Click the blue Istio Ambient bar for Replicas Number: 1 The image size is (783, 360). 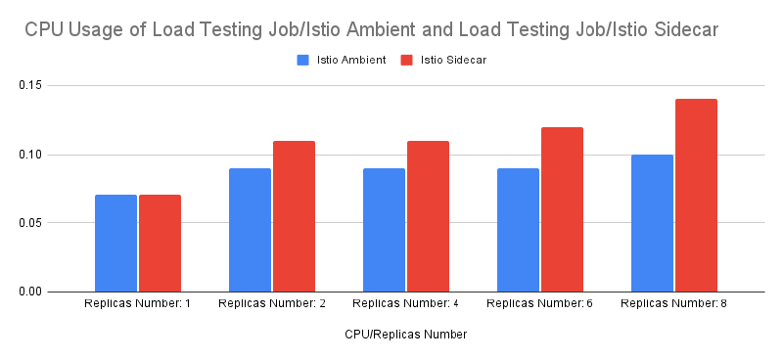pos(115,243)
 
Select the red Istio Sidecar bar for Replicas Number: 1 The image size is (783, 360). pos(160,243)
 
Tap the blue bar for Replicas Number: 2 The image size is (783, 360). pos(250,230)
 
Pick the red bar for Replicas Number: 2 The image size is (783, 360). pos(294,216)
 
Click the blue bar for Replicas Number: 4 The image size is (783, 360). pos(384,230)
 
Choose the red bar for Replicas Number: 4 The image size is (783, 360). pos(428,216)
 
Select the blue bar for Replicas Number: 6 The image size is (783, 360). pos(518,230)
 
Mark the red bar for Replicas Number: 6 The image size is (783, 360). pos(562,209)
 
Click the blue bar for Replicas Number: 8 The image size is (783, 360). pos(652,223)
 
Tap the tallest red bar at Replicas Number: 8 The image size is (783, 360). pos(696,196)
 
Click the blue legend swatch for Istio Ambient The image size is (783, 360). pos(303,60)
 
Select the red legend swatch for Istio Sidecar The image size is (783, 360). pos(406,60)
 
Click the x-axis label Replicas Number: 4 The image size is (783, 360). pos(405,304)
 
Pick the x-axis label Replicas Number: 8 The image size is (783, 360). pos(673,304)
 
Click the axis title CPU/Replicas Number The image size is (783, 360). pos(405,335)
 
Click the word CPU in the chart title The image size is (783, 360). pos(43,30)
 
